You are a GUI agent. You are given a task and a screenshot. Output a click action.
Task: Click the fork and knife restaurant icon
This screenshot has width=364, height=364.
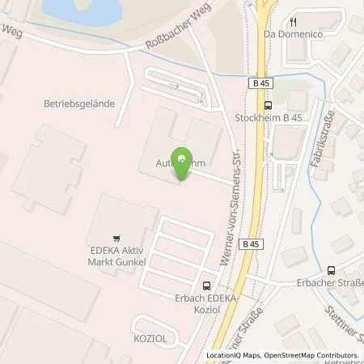[294, 22]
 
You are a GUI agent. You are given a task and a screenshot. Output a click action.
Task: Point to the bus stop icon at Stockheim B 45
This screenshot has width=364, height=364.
[268, 105]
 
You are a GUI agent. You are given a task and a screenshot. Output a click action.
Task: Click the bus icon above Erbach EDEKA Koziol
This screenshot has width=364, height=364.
[206, 285]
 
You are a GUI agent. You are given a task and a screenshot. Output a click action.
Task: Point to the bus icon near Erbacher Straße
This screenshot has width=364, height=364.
[331, 270]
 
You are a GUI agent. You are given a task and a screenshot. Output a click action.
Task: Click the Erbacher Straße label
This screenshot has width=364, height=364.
[339, 283]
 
